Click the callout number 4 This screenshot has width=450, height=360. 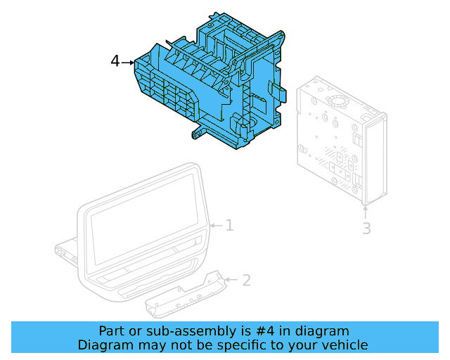point(115,62)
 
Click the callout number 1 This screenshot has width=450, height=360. point(229,225)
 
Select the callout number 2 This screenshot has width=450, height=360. point(246,281)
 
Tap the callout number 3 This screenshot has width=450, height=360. point(366,229)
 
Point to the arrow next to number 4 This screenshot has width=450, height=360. point(128,63)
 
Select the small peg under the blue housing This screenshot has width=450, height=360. point(191,132)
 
